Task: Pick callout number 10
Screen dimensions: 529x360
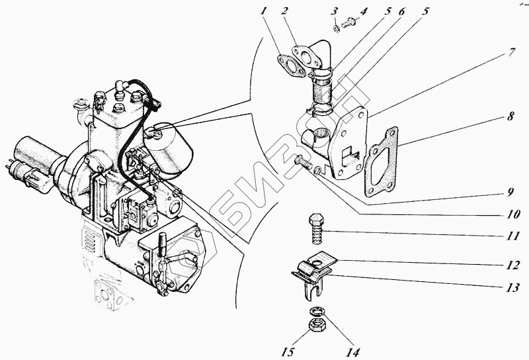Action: pos(514,214)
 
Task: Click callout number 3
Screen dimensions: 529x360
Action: pos(335,11)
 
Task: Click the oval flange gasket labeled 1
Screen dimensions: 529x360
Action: pos(288,63)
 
